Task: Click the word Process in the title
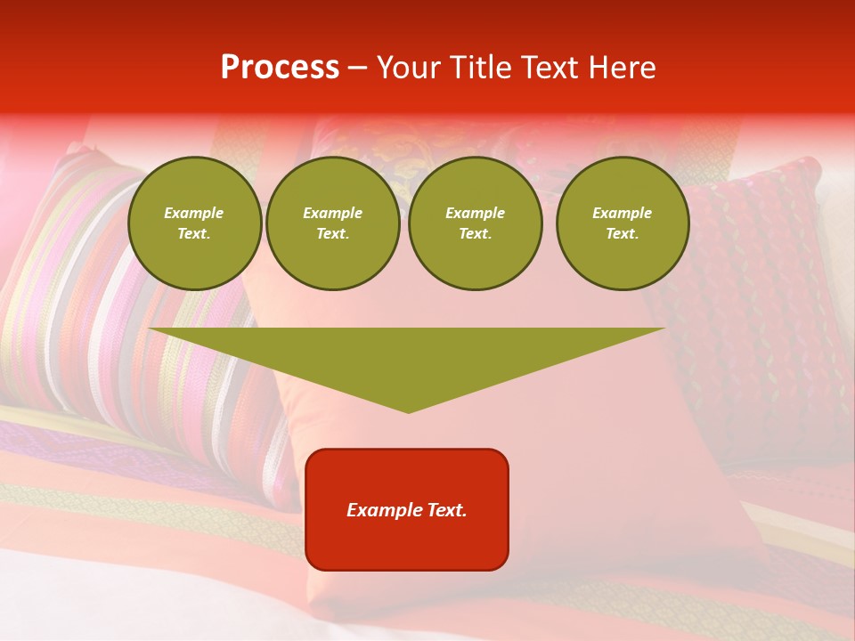pyautogui.click(x=280, y=68)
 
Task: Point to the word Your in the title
pyautogui.click(x=408, y=68)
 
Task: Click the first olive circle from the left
pyautogui.click(x=194, y=223)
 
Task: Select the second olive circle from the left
pyautogui.click(x=333, y=223)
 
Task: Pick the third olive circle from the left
pyautogui.click(x=475, y=223)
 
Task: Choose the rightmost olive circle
pyautogui.click(x=623, y=223)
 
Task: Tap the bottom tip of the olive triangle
pyautogui.click(x=408, y=410)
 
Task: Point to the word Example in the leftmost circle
pyautogui.click(x=194, y=214)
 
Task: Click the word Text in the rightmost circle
pyautogui.click(x=623, y=234)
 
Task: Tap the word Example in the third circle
pyautogui.click(x=475, y=214)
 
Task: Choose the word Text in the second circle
pyautogui.click(x=333, y=234)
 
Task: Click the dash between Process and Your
pyautogui.click(x=357, y=69)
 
